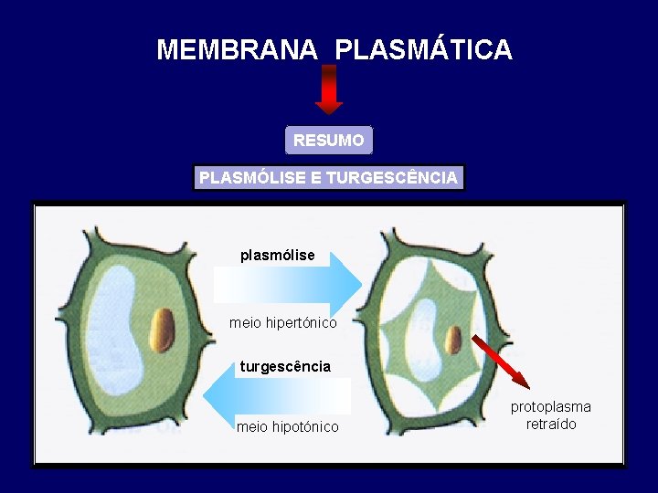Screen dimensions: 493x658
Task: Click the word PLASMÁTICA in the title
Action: [423, 49]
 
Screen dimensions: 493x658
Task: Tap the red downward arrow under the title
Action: [329, 89]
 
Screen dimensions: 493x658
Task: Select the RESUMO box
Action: [329, 141]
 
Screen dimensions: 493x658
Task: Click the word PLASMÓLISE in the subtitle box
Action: [252, 177]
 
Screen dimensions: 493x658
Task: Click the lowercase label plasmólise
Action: [277, 256]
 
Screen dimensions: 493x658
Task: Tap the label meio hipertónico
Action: [282, 323]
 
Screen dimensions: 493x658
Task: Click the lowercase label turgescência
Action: [285, 367]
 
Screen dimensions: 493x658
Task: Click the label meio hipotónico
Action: [287, 427]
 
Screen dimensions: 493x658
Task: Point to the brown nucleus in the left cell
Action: [163, 330]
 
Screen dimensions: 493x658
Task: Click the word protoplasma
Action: [550, 407]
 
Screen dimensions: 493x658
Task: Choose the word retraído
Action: [551, 425]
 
